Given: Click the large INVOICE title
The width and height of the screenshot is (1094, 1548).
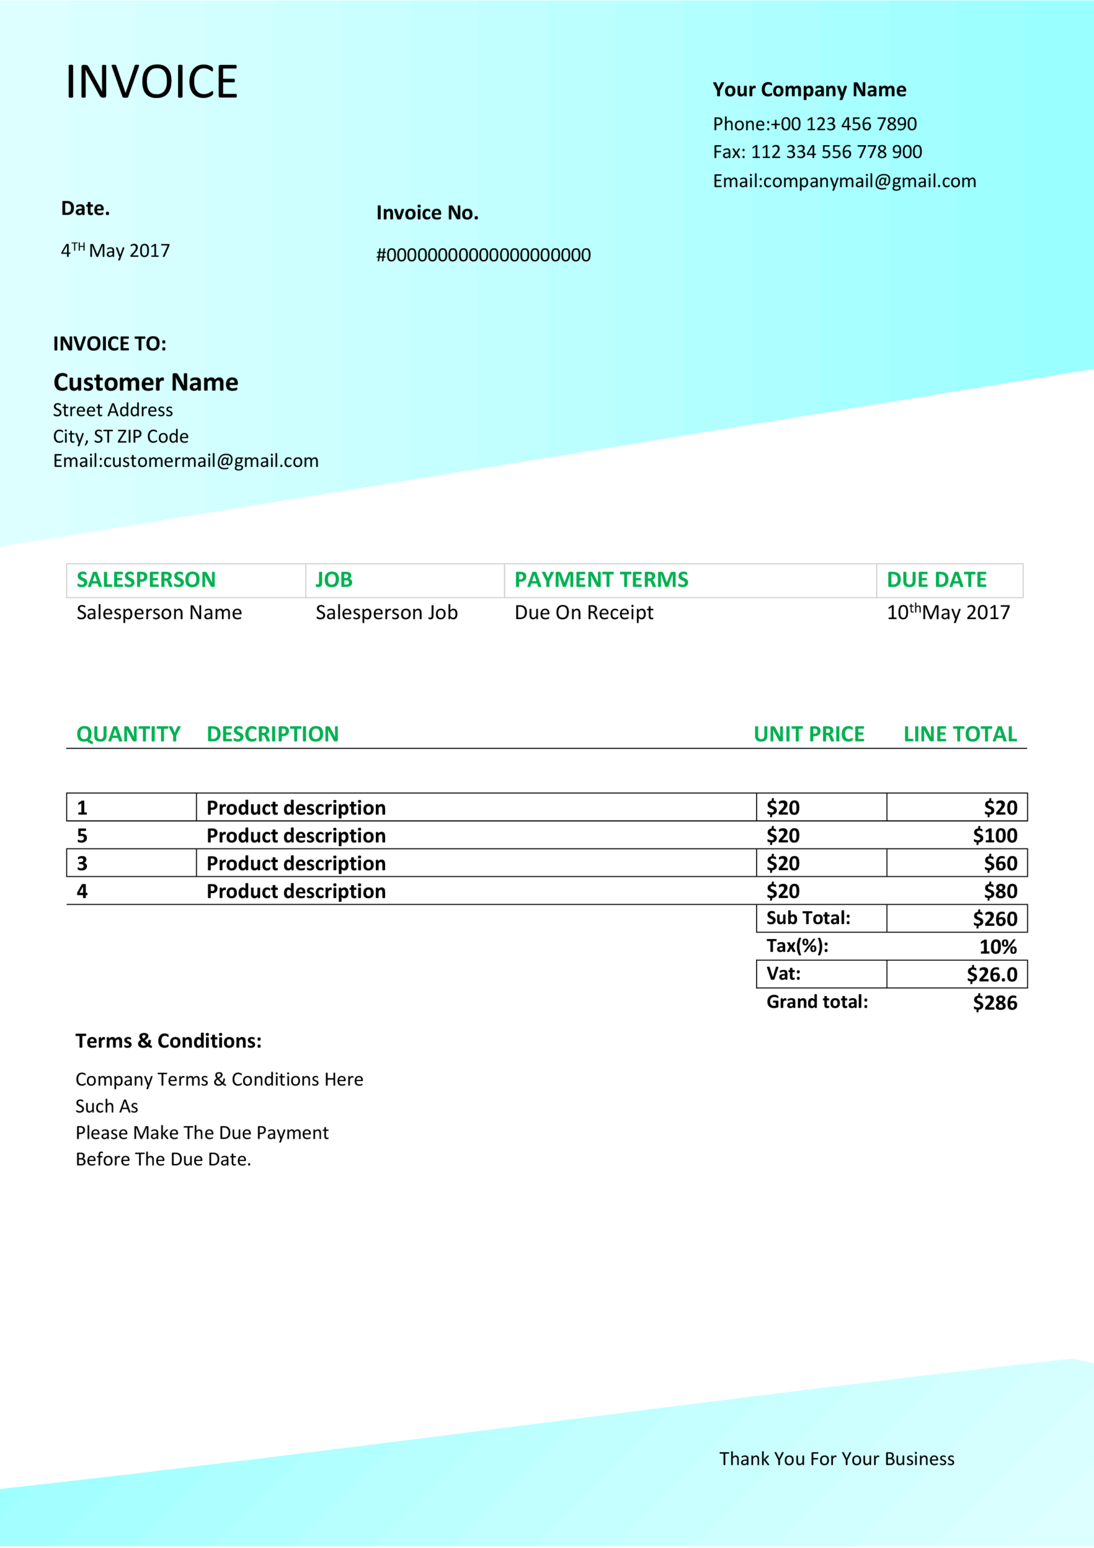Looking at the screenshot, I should tap(151, 82).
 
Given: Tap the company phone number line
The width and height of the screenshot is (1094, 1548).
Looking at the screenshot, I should tap(814, 124).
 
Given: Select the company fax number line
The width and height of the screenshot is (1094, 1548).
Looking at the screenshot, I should tap(817, 152).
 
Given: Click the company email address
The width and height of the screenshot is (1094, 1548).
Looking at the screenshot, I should tap(844, 181).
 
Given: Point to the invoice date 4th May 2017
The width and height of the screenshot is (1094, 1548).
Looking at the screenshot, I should tap(115, 251).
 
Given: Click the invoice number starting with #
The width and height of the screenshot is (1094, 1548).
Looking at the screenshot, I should tap(482, 255).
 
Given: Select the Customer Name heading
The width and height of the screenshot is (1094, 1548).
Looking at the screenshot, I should tap(146, 382).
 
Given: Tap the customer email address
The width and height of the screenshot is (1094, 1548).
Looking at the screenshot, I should tap(186, 461).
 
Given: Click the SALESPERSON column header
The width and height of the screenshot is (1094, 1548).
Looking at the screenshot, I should tap(146, 579).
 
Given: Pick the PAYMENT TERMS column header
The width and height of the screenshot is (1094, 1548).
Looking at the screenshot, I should tap(601, 579).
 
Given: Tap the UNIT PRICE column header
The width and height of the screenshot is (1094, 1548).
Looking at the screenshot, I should tap(808, 733).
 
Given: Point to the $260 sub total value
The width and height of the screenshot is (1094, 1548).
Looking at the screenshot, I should tap(994, 919).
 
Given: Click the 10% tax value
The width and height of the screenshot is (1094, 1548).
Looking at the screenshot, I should tap(998, 946).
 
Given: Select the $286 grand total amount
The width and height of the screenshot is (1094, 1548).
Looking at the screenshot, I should tap(994, 1003).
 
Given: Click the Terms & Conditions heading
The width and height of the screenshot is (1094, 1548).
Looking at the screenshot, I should tap(168, 1041).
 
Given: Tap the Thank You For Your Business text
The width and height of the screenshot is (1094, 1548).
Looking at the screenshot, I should tap(837, 1459).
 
